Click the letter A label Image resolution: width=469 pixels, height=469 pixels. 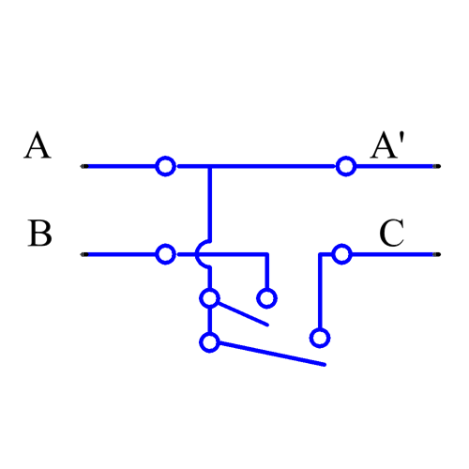click(x=38, y=146)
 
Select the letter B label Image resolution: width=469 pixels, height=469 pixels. click(x=39, y=234)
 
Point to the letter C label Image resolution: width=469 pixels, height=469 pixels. click(x=391, y=234)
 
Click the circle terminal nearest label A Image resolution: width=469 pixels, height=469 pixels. click(x=165, y=166)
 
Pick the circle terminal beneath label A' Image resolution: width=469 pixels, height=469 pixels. click(x=345, y=166)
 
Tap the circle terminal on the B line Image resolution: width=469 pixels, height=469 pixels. click(x=165, y=253)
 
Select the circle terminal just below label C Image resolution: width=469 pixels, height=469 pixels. click(x=341, y=253)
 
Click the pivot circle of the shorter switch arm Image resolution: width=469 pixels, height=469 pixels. click(x=210, y=298)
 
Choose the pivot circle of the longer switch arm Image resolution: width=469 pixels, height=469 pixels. click(x=210, y=342)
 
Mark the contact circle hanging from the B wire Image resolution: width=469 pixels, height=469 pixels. click(x=267, y=298)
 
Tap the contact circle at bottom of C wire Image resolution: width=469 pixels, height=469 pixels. click(x=320, y=336)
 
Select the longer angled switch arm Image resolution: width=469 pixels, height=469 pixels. click(x=272, y=354)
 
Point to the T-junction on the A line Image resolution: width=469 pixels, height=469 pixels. click(x=210, y=166)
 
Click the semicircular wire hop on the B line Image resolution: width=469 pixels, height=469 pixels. click(x=201, y=253)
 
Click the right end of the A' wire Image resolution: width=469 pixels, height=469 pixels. click(x=434, y=166)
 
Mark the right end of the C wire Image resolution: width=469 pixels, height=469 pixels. click(x=434, y=253)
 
